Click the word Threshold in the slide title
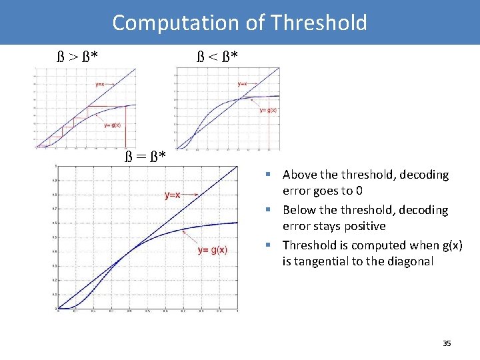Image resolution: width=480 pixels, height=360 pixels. [319, 23]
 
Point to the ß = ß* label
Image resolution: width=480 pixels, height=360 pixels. [145, 157]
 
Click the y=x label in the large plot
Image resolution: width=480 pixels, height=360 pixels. [173, 195]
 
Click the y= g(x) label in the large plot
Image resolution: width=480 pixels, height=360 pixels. [213, 250]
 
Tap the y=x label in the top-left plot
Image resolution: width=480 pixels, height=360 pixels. [99, 84]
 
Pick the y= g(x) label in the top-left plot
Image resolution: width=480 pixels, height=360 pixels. [112, 125]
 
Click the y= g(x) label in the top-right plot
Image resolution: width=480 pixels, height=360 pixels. [268, 110]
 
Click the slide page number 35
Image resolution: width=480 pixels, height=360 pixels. [447, 343]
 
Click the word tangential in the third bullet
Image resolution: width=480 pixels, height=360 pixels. [323, 261]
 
